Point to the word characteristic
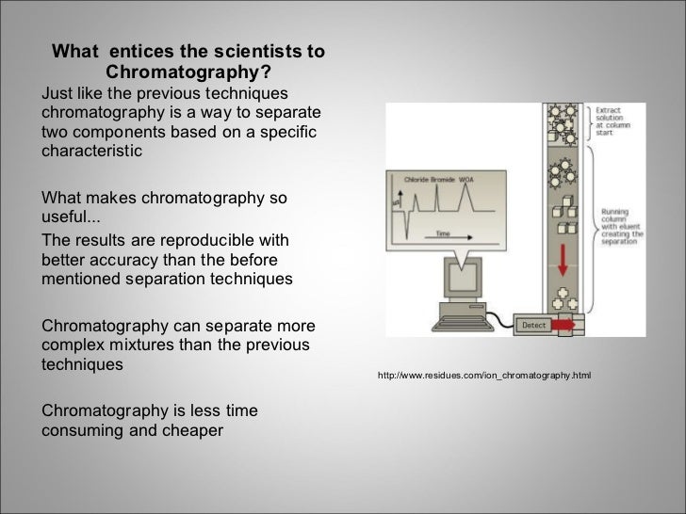(x=91, y=150)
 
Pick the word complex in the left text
(x=73, y=344)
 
